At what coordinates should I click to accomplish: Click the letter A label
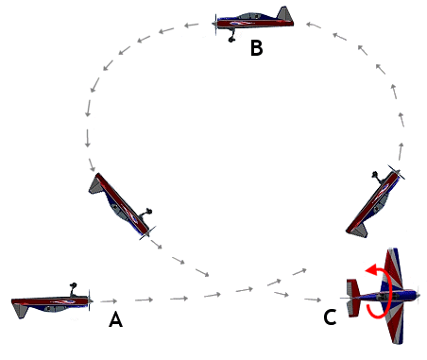(115, 319)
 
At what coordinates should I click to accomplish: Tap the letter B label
(256, 48)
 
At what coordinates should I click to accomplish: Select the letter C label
(330, 318)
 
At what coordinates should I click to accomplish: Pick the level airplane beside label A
(52, 302)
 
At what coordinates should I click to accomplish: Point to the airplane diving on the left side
(121, 204)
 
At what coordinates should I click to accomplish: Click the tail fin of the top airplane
(285, 15)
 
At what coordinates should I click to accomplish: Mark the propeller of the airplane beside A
(90, 302)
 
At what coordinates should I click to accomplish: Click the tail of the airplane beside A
(18, 304)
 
